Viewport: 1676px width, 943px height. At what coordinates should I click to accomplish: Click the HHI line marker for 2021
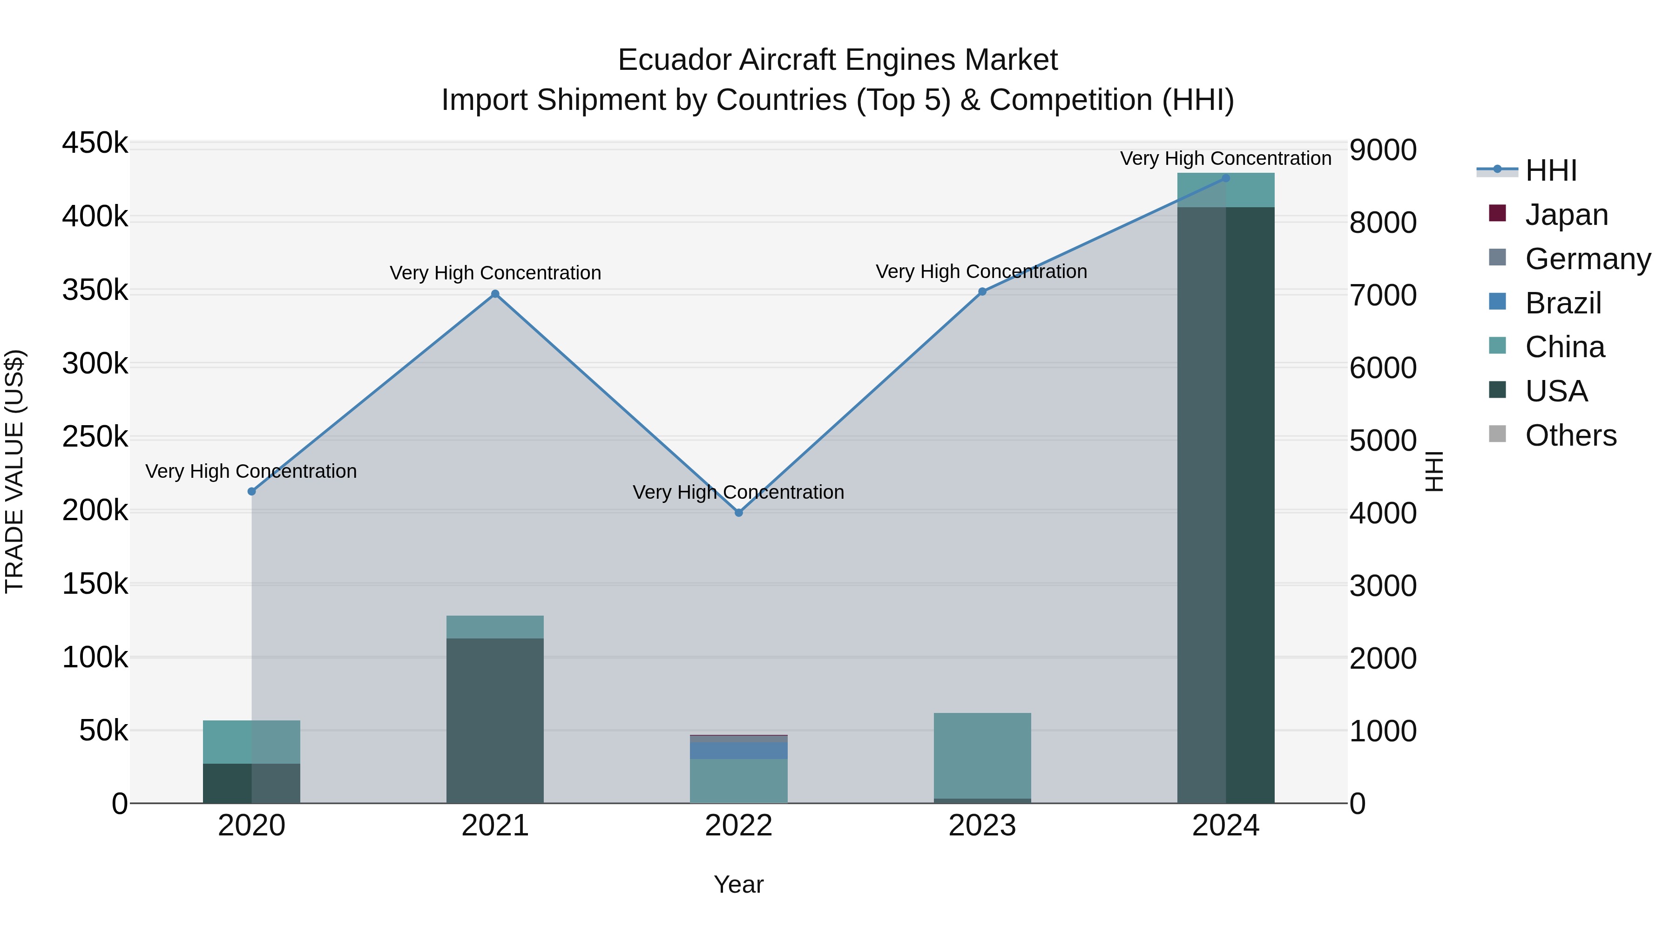[495, 293]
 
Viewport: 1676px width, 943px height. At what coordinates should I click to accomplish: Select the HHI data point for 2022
[738, 513]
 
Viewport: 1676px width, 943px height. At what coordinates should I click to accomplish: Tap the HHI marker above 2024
[1226, 178]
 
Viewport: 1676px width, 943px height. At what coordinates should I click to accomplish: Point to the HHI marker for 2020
[252, 491]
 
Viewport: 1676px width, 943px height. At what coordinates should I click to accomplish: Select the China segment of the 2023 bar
[982, 755]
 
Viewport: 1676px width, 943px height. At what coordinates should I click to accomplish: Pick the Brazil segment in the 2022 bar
[738, 750]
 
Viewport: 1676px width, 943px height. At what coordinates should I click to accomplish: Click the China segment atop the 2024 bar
[1226, 190]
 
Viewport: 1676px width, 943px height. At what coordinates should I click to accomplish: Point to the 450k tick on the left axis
[95, 142]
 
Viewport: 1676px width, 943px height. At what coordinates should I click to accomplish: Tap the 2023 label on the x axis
[982, 826]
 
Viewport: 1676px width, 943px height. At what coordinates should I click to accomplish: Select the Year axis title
[738, 884]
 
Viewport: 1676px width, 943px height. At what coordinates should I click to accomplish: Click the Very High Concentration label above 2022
[738, 492]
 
